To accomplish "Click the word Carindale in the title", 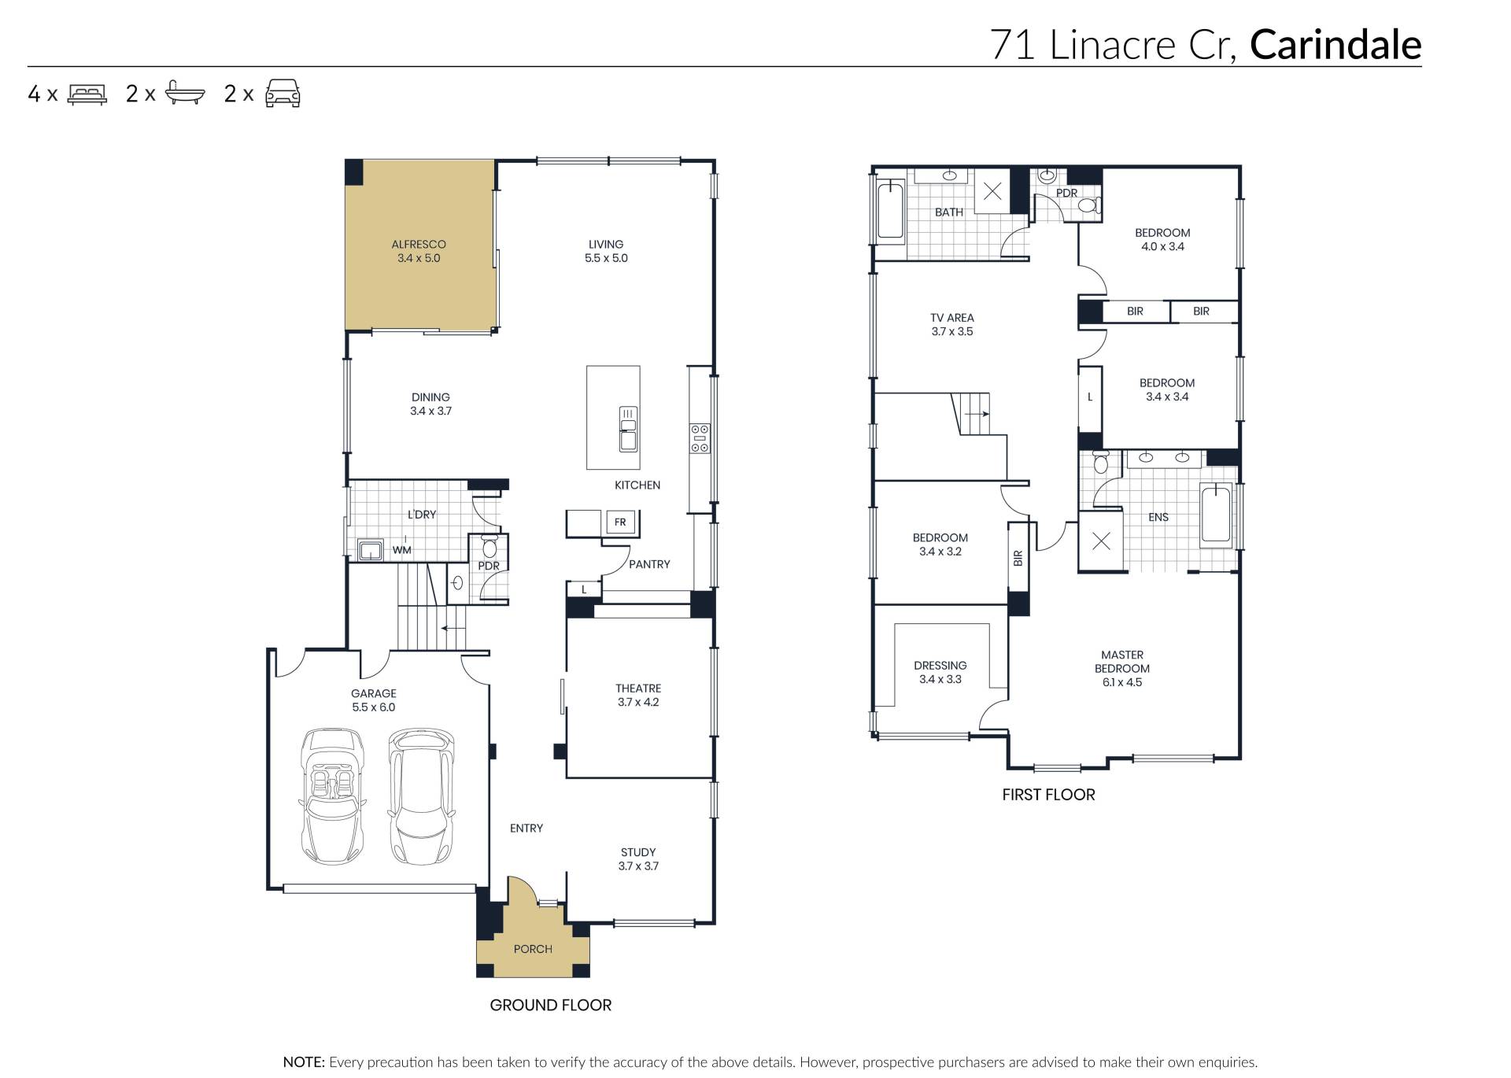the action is tap(1336, 45).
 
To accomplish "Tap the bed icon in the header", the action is tap(87, 94).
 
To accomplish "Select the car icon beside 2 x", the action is tap(283, 93).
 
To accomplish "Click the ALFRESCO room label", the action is tap(419, 251).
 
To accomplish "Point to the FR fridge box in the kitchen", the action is tap(620, 522).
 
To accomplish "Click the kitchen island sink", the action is tap(628, 429).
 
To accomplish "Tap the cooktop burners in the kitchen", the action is tap(700, 438).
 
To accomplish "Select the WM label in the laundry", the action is tap(401, 550).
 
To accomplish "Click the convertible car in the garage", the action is tap(332, 796).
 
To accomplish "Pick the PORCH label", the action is tap(533, 949).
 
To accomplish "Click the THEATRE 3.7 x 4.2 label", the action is tap(638, 695).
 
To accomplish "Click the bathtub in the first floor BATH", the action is tap(890, 209).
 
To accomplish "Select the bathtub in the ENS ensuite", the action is tap(1216, 515).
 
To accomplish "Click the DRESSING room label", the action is tap(940, 672).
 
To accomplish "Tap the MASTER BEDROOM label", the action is tap(1122, 668).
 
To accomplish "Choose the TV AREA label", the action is tap(952, 324).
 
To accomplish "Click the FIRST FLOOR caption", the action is tap(1048, 795).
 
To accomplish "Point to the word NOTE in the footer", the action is tap(304, 1062).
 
